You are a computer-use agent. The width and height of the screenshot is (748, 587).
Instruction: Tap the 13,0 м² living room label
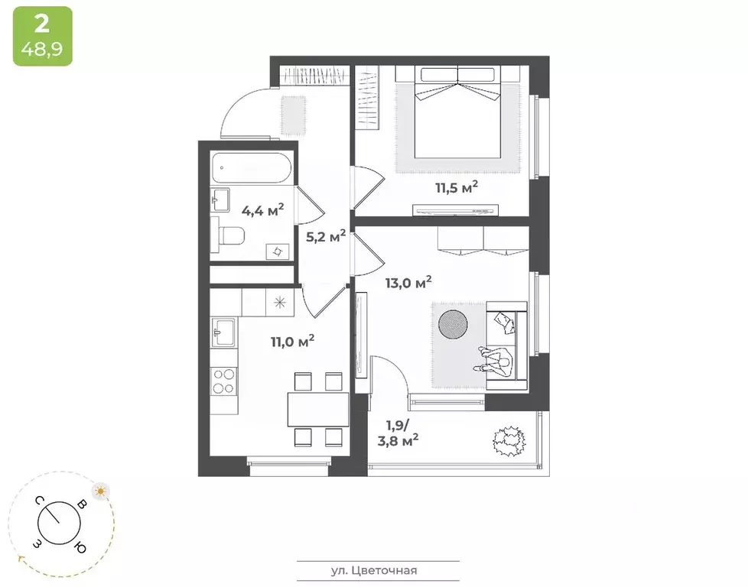pos(408,284)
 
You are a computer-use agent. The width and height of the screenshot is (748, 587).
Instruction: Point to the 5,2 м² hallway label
pos(326,235)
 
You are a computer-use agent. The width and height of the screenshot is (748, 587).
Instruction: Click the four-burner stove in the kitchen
pos(224,381)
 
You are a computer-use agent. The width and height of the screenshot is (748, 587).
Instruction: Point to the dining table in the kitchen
pos(318,409)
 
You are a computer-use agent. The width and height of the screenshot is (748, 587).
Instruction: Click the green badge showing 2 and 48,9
pos(42,36)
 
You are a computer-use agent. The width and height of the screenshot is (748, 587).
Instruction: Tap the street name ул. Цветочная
pos(379,570)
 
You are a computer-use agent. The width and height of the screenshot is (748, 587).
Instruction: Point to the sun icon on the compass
pos(99,490)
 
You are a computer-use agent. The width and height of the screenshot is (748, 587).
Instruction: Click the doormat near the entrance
pos(294,113)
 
